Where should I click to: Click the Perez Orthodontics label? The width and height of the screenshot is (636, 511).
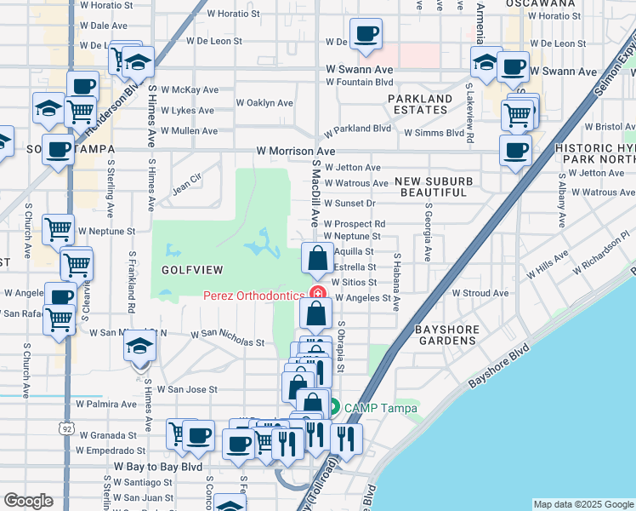(253, 296)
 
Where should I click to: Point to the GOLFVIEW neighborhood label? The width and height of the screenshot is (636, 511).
(192, 270)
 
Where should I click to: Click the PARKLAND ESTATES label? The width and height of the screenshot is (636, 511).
(421, 105)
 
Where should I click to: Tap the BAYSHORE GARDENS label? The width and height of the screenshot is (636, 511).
(445, 335)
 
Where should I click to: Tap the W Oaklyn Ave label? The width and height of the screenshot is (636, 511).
(264, 103)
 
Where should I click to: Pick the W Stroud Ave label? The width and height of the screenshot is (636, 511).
(480, 293)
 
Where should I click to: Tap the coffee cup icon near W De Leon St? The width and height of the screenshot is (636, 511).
(366, 34)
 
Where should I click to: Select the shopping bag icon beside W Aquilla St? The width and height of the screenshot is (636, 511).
(316, 258)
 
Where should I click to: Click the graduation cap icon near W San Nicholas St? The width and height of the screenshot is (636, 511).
(139, 347)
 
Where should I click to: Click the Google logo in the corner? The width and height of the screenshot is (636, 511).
(28, 501)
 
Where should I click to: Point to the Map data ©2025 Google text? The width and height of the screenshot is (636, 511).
(583, 504)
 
